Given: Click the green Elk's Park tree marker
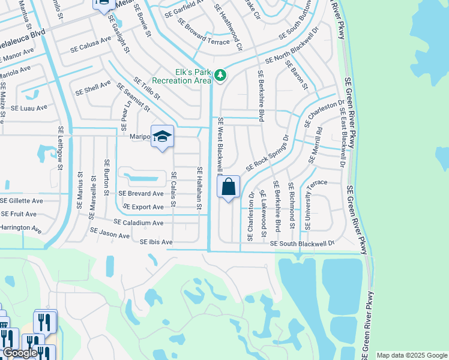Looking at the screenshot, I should (221, 75).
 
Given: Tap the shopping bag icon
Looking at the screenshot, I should (229, 187).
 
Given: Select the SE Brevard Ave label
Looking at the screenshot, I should (141, 194).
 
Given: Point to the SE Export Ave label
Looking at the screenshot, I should (143, 207).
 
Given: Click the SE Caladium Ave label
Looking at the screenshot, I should (139, 223).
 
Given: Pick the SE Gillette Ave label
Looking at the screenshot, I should (22, 200).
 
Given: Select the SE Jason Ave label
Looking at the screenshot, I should (110, 233).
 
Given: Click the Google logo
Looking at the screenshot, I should (20, 353).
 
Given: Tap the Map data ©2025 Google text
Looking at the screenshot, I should (412, 355).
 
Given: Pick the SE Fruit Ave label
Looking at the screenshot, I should (19, 214).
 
